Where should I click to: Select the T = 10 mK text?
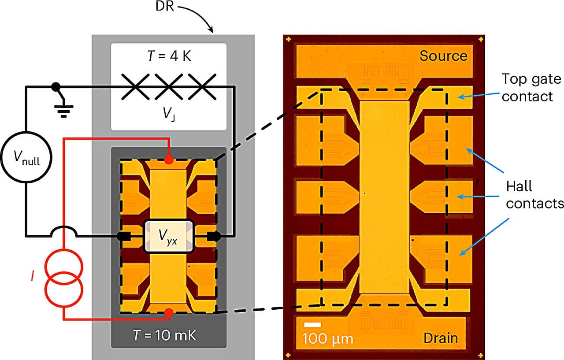(165, 336)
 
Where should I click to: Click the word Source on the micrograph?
(443, 56)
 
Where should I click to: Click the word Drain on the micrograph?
(441, 338)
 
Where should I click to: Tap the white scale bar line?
(312, 325)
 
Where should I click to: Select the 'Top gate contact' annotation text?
(531, 87)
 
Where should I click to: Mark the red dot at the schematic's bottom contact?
(168, 312)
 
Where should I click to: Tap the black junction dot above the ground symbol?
(56, 87)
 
